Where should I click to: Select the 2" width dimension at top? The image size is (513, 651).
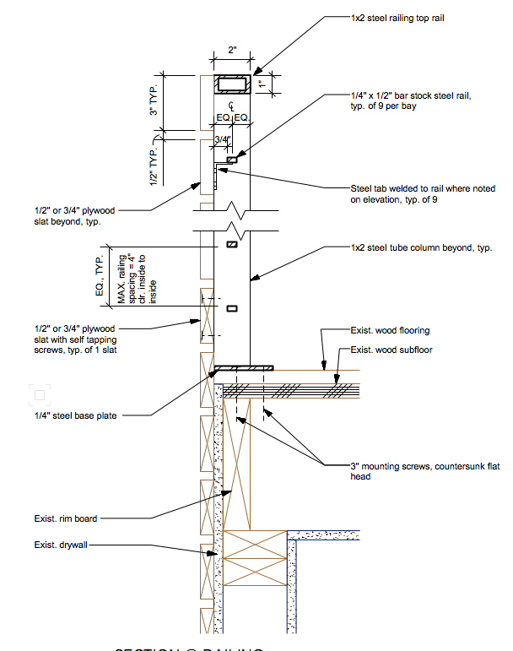(x=232, y=50)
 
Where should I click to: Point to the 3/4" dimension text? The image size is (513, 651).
(x=223, y=139)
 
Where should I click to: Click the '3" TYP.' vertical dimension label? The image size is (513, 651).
(x=154, y=100)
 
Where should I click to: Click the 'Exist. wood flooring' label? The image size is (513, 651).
(x=390, y=330)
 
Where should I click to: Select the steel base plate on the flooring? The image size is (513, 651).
(x=244, y=367)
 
